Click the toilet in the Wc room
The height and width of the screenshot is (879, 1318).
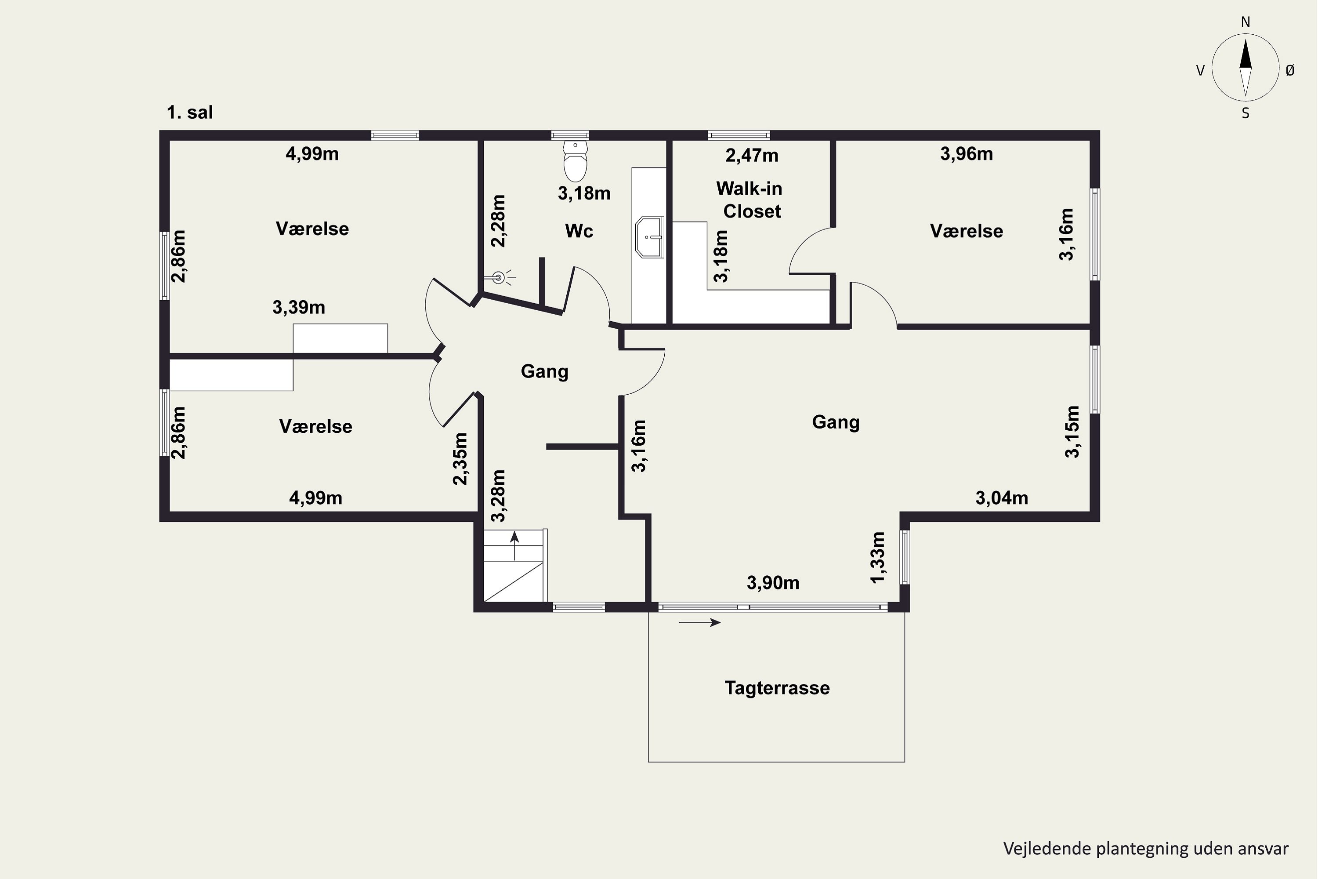[x=575, y=161]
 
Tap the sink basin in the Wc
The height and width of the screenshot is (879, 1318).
[x=649, y=237]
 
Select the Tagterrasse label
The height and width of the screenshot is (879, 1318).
[x=777, y=688]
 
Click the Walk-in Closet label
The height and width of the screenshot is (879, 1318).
[x=750, y=200]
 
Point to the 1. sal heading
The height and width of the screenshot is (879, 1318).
[x=190, y=113]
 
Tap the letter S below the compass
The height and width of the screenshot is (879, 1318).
[x=1245, y=114]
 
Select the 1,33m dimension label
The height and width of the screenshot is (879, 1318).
[x=877, y=557]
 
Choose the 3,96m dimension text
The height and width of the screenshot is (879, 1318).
[x=966, y=153]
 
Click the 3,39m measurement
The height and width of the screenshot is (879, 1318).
[x=299, y=307]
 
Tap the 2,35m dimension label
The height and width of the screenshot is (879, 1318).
[x=460, y=458]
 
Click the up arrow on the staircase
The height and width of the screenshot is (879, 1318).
[x=514, y=545]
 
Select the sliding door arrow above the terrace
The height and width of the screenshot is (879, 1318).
[x=700, y=622]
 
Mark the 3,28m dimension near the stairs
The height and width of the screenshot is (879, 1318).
[x=498, y=496]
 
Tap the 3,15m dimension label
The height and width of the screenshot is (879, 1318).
[x=1072, y=432]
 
